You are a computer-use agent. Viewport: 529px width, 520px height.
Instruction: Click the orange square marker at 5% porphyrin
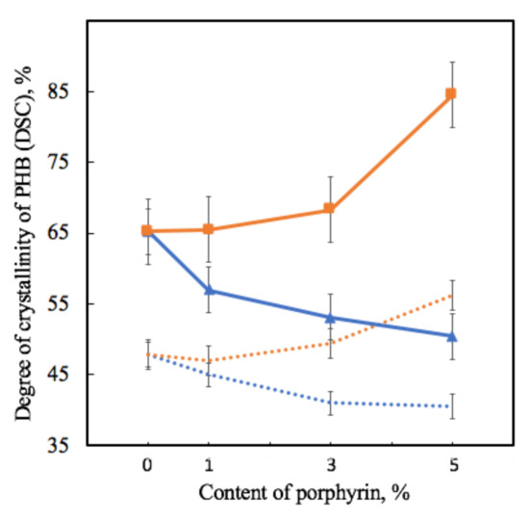point(450,93)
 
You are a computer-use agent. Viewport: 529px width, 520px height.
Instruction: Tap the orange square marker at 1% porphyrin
point(208,229)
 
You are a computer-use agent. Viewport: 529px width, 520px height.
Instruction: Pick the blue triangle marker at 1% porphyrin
point(208,290)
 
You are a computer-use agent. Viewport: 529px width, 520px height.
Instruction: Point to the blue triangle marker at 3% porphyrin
point(329,317)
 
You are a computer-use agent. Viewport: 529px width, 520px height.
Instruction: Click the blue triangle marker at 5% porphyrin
point(450,336)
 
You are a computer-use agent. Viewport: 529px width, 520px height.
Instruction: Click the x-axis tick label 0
point(147,467)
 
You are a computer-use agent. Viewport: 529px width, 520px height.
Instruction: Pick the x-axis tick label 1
point(208,467)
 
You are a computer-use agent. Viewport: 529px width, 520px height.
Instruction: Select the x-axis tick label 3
point(329,467)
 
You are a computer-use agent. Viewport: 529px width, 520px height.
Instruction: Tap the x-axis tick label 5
point(450,467)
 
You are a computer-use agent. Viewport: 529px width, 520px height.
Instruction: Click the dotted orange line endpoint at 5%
point(450,296)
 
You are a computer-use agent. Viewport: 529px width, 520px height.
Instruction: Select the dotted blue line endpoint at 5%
point(450,406)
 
